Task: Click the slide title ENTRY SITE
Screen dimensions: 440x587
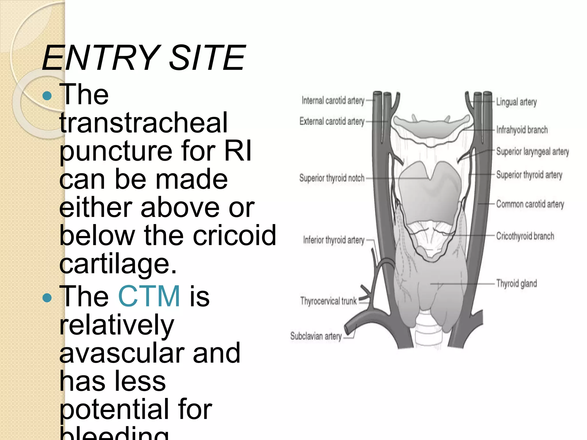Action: [143, 58]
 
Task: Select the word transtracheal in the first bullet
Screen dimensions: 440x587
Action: [143, 123]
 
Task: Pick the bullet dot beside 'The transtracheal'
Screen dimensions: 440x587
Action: [47, 96]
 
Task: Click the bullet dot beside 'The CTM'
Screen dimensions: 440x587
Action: [47, 298]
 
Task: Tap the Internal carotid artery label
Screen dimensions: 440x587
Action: [333, 101]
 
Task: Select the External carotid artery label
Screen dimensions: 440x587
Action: [332, 121]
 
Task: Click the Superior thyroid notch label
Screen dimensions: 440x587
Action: [332, 178]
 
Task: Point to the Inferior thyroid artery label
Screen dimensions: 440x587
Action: [334, 240]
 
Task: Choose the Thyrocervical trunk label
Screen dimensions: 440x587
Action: [328, 301]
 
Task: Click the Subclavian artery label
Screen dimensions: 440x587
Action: [316, 336]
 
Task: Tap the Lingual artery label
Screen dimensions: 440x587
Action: [516, 102]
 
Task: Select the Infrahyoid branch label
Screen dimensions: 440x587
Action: [522, 130]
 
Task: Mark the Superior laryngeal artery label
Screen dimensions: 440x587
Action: [532, 152]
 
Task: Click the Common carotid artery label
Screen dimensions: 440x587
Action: [530, 204]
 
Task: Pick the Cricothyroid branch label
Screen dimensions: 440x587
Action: [525, 236]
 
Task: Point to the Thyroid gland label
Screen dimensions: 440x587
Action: [516, 283]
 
